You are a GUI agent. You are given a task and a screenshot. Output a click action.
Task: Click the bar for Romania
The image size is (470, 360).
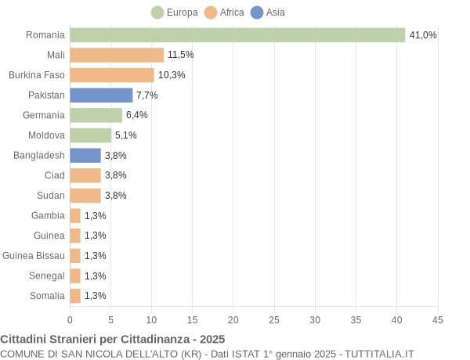pos(237,35)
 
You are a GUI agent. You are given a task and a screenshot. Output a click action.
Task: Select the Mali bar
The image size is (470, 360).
pos(117,55)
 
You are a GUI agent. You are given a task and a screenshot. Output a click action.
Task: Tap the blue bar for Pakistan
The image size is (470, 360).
pos(101,95)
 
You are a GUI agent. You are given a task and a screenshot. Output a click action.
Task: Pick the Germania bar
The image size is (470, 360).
pos(96,115)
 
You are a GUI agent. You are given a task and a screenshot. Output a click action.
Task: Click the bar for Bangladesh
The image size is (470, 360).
pos(85,155)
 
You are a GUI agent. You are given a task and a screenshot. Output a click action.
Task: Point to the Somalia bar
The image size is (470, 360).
pos(75,296)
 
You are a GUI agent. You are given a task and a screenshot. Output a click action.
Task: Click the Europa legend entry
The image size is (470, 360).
pos(176,13)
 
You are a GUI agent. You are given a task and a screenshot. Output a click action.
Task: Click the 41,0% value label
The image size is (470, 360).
pos(423,35)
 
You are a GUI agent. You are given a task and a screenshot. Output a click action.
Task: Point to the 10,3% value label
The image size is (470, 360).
pos(172,75)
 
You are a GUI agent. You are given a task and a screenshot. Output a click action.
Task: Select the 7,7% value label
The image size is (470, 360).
pos(147,95)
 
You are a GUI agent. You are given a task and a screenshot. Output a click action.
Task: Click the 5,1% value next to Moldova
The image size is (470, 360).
pos(126,135)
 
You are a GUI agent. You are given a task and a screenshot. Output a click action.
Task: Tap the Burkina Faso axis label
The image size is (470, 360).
pos(37,75)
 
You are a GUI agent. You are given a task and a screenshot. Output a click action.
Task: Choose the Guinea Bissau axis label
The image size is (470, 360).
pos(34,256)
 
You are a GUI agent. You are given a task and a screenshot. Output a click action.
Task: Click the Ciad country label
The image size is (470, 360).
pos(55,175)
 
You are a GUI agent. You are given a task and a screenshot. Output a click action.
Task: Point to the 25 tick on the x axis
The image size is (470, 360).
pos(274,319)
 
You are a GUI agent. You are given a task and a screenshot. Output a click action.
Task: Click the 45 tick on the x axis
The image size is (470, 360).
pos(438,319)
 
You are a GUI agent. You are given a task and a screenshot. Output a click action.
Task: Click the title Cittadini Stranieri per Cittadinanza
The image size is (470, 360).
pos(113,339)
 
